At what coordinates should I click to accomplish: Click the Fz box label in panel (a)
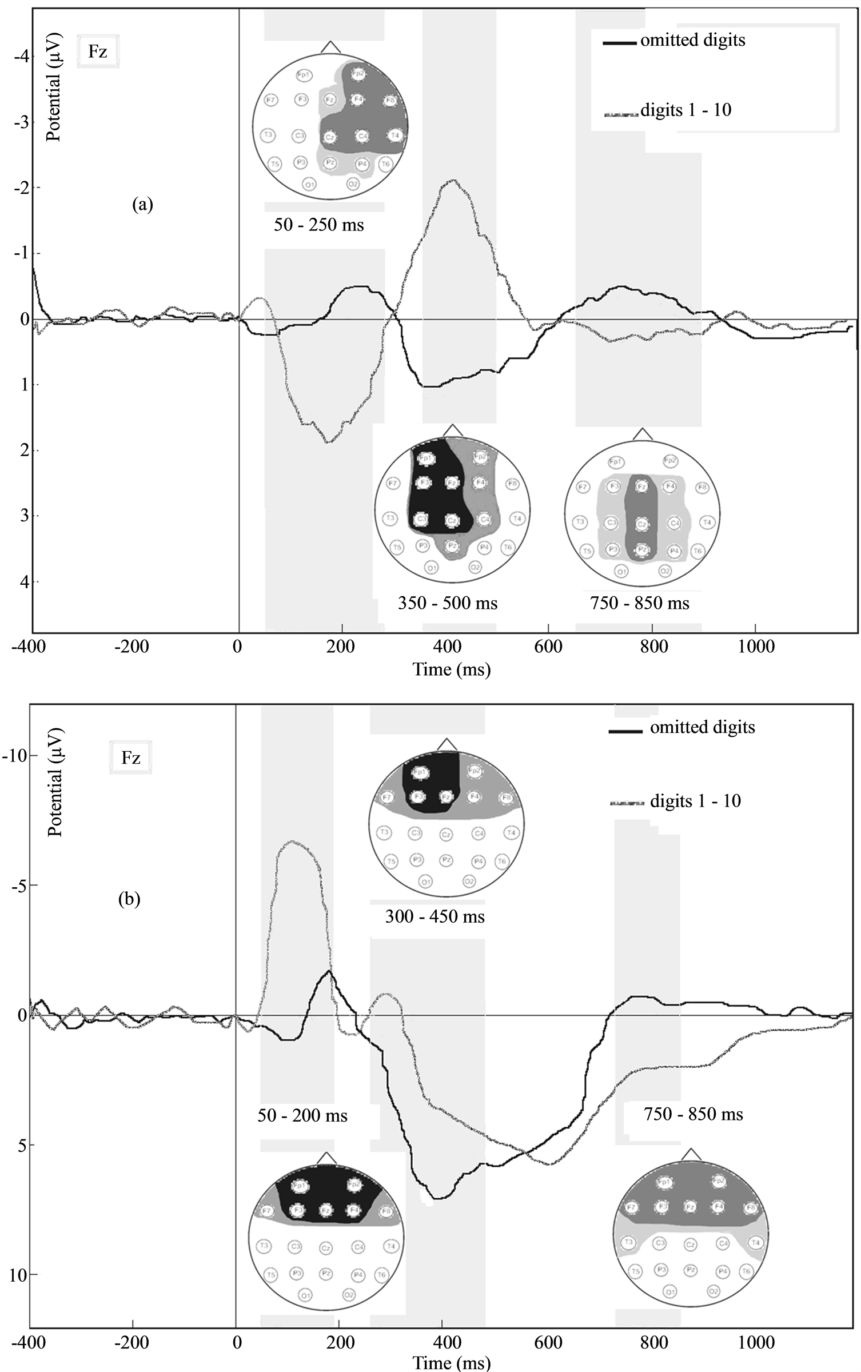(98, 52)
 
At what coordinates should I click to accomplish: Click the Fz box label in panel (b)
(130, 758)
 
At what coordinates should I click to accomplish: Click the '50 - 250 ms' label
(318, 225)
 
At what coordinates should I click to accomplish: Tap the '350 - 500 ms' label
(448, 603)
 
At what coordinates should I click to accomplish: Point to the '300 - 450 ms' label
(435, 916)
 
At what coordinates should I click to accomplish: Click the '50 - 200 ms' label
(302, 1115)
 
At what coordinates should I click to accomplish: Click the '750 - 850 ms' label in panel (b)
(693, 1114)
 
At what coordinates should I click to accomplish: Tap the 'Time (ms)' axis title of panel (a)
(452, 669)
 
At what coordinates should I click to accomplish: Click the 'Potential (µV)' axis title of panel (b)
(55, 782)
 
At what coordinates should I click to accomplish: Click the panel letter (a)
(142, 205)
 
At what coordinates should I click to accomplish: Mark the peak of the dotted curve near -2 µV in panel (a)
(452, 181)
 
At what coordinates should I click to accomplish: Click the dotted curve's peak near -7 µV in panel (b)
(292, 841)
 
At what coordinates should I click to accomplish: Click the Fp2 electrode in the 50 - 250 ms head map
(358, 74)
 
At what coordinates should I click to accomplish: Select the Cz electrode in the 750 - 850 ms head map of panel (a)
(641, 524)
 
